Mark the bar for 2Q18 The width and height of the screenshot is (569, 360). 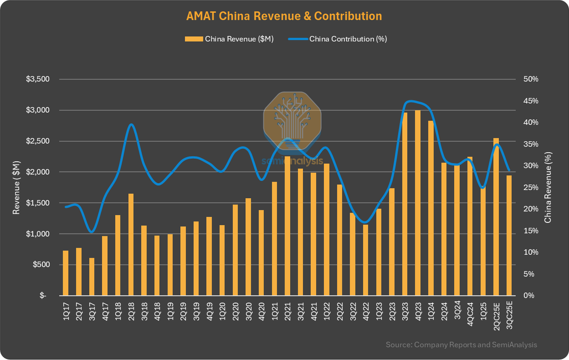click(131, 244)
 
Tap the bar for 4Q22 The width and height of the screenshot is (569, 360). click(366, 260)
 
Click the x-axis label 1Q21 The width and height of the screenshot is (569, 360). click(275, 309)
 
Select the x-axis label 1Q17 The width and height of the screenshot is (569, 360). click(65, 309)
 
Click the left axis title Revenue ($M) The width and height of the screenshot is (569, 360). click(17, 187)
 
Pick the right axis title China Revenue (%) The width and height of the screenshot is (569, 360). click(548, 187)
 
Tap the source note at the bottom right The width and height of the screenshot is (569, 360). click(461, 344)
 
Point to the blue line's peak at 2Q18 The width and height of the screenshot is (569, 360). click(131, 124)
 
